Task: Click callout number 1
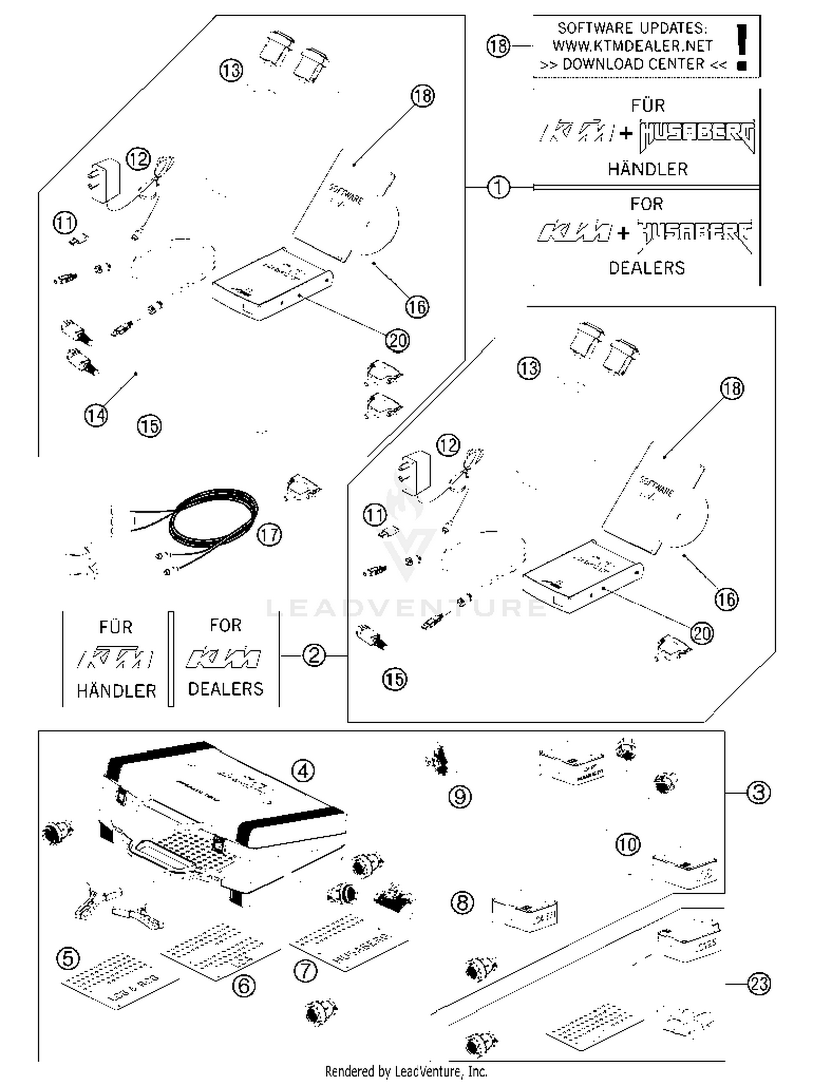499,187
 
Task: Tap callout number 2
314,655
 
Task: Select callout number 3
758,792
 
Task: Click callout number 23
758,983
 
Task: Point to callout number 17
269,535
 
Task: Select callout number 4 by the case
303,770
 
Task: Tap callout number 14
96,415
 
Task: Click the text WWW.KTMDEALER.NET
632,46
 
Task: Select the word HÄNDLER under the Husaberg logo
647,169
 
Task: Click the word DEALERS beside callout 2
225,689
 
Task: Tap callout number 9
460,796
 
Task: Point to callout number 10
628,844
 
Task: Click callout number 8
462,902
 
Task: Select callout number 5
68,958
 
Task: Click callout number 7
305,970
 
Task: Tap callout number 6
244,985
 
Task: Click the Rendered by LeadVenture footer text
406,1071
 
